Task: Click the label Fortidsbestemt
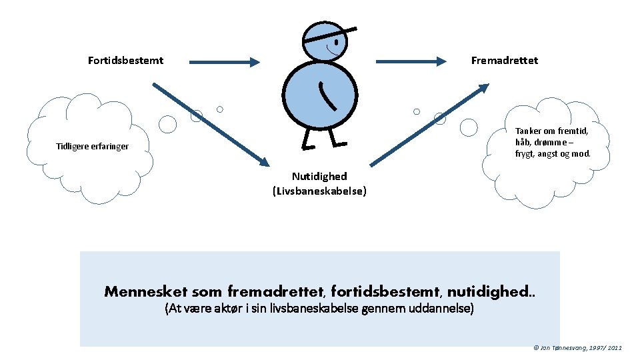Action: [x=125, y=61]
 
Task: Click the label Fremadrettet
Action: [x=504, y=61]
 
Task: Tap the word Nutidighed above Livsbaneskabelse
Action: [x=319, y=177]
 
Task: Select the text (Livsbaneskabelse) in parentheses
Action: [x=319, y=191]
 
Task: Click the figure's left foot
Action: [x=307, y=145]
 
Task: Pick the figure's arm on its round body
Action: [x=327, y=96]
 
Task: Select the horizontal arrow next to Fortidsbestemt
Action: [x=224, y=62]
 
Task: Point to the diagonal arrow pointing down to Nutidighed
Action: [x=210, y=125]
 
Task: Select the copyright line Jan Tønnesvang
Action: [x=578, y=348]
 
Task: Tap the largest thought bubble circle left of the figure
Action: [x=167, y=124]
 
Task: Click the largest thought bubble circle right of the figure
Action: [x=469, y=127]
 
